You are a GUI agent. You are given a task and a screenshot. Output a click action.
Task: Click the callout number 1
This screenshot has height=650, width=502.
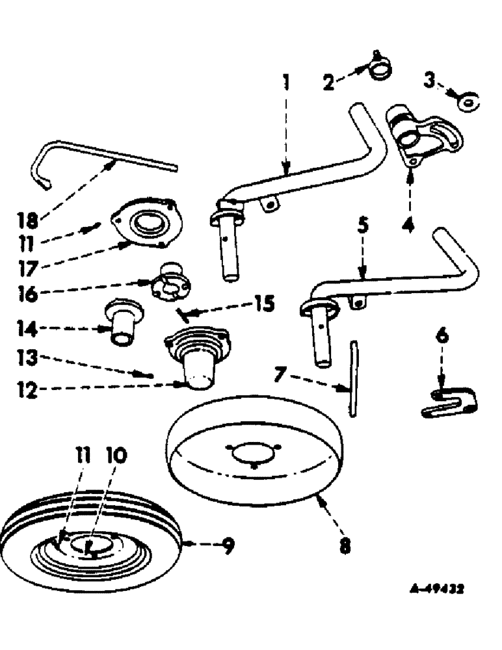click(286, 83)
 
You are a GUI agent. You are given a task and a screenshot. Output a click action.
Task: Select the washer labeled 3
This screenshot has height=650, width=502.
click(467, 101)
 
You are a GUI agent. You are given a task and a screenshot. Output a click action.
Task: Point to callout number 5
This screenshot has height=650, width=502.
click(363, 226)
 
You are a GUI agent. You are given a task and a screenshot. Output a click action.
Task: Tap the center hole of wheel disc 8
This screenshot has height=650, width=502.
click(253, 452)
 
